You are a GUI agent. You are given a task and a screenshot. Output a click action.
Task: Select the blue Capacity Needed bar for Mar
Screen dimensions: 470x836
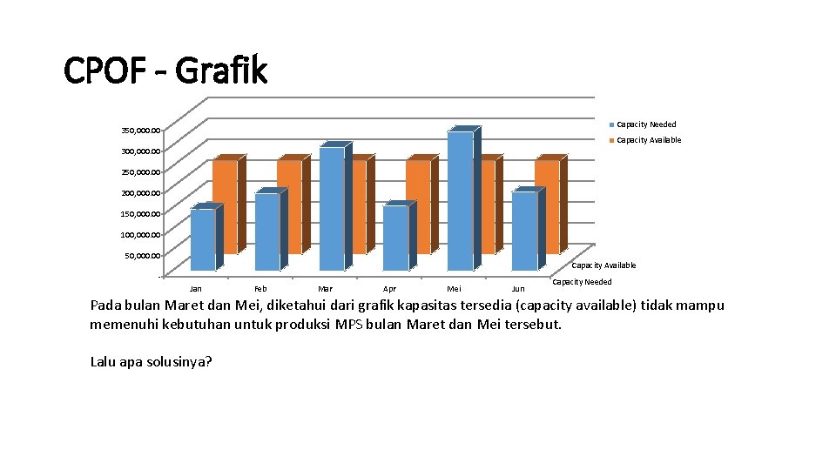331,209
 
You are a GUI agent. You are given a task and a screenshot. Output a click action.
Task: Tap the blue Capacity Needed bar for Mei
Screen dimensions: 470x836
460,200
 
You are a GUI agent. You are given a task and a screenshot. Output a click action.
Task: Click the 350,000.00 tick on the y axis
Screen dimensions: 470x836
140,131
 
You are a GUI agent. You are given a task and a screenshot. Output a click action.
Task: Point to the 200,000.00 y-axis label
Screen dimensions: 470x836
140,193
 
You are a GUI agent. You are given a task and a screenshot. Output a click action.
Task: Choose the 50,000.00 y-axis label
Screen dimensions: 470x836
142,256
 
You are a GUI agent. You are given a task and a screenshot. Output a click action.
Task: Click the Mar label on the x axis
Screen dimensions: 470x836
325,289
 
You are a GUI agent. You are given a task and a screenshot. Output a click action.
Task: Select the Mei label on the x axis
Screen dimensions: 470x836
454,289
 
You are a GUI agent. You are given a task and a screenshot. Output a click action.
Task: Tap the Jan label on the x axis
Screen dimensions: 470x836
196,289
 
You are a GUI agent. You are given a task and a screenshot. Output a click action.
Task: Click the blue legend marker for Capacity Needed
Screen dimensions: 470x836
612,124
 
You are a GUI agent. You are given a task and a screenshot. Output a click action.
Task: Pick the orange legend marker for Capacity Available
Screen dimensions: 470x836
612,140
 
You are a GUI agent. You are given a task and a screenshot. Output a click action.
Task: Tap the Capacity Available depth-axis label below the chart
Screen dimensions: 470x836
603,265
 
